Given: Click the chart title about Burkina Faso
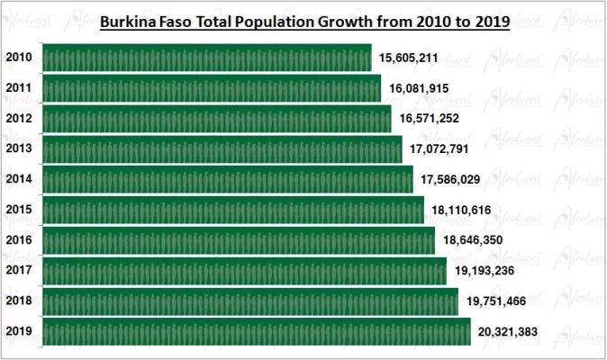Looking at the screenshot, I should point(304,22).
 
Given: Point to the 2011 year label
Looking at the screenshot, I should point(19,88).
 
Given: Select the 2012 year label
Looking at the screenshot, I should point(19,119).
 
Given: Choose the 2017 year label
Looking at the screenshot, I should point(19,271).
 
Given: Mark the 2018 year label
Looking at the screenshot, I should point(19,301).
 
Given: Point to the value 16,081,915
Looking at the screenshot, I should point(419,88).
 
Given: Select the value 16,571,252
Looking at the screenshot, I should point(430,119).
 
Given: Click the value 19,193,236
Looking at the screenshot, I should point(485,271).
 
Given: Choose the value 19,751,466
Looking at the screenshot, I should point(495,301).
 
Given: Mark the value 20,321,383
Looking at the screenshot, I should point(508,332).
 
